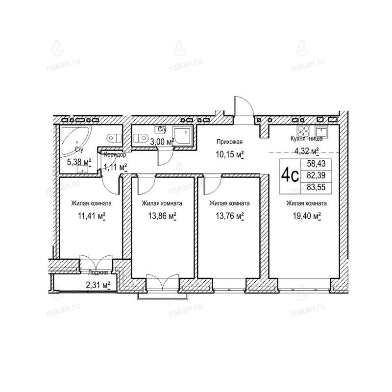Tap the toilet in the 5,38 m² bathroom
tap(114, 138)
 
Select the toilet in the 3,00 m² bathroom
tap(140, 138)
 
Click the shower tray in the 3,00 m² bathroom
tap(183, 136)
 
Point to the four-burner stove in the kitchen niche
tap(303, 131)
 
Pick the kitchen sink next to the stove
tap(321, 131)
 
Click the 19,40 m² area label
tap(307, 216)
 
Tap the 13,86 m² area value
tap(162, 216)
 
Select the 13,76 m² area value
tap(229, 216)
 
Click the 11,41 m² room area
tap(92, 216)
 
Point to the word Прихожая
tap(229, 142)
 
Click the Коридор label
tap(115, 154)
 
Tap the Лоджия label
tap(98, 272)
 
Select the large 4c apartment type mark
tap(290, 176)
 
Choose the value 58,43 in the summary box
tap(316, 164)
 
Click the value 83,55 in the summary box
tap(316, 187)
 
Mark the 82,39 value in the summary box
tap(316, 175)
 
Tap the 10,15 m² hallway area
tap(229, 154)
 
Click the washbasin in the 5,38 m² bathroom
tap(83, 170)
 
